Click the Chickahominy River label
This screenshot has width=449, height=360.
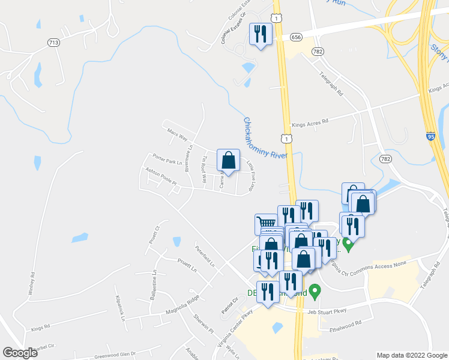265,137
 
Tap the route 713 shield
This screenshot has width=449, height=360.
54,42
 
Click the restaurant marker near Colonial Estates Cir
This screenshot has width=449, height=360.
260,34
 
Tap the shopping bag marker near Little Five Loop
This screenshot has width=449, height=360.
228,161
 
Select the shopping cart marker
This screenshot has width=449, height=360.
266,224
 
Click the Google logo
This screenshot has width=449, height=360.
20,352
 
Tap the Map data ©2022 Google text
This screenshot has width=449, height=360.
412,355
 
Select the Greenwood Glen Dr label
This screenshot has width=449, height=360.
115,355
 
